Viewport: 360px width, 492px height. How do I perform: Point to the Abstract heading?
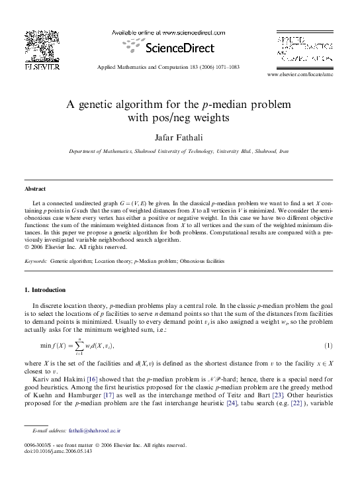click(34, 189)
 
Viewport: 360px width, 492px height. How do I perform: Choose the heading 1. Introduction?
click(44, 289)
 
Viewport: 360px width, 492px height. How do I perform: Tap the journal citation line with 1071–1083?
click(168, 68)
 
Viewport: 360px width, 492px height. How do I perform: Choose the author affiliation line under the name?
click(179, 152)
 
